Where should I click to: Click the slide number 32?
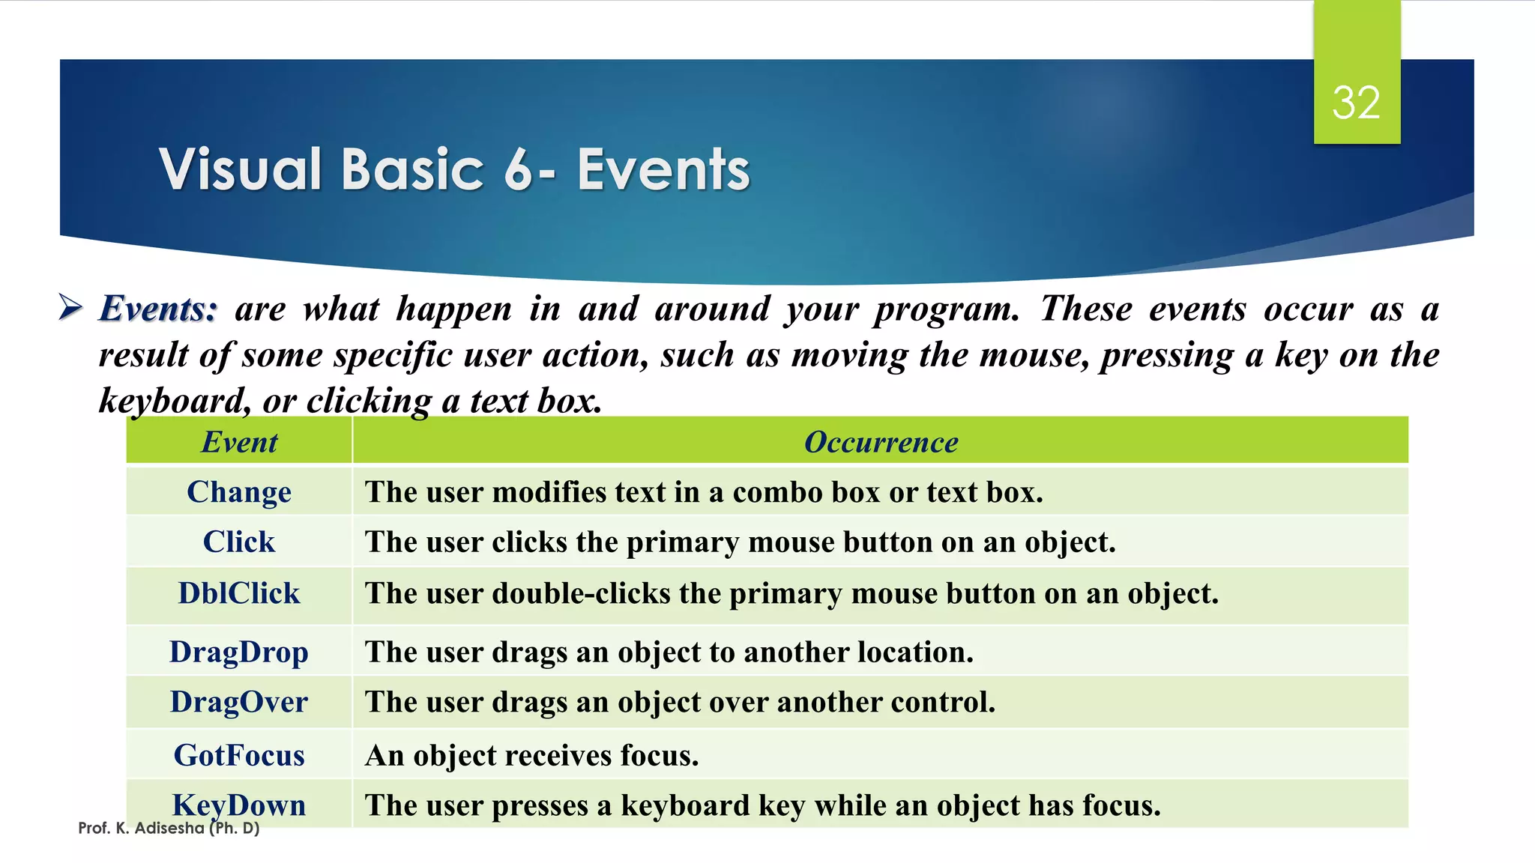point(1356,103)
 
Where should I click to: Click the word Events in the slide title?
point(663,169)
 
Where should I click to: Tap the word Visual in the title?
point(241,169)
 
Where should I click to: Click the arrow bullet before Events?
point(70,307)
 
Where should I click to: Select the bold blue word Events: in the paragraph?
point(158,309)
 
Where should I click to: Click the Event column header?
point(239,442)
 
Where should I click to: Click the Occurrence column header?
point(881,442)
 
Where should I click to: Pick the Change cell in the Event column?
point(239,492)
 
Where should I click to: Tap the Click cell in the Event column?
point(239,542)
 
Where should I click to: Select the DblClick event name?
point(239,593)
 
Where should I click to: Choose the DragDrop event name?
point(239,652)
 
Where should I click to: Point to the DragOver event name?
point(239,702)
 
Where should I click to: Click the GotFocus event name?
point(239,755)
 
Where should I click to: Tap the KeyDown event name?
point(239,805)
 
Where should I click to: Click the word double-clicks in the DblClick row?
point(581,593)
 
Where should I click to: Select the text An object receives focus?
point(531,755)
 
